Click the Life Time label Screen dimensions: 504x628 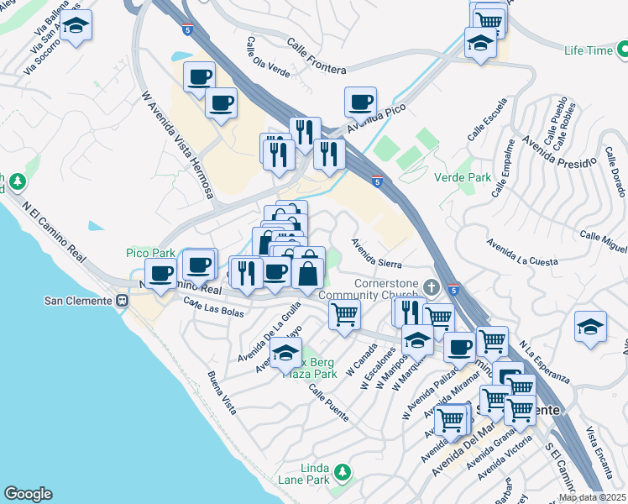[589, 51]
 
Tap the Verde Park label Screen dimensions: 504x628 [462, 178]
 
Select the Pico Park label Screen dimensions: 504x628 [150, 253]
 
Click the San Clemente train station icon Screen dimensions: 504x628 [123, 300]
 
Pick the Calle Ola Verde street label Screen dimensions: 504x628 [268, 57]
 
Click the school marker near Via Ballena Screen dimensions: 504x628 [76, 25]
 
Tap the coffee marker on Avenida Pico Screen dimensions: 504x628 [360, 102]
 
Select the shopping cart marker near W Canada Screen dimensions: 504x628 [344, 316]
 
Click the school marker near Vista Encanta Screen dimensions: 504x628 [591, 327]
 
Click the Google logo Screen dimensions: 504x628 [28, 494]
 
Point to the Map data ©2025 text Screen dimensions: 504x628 [592, 497]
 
